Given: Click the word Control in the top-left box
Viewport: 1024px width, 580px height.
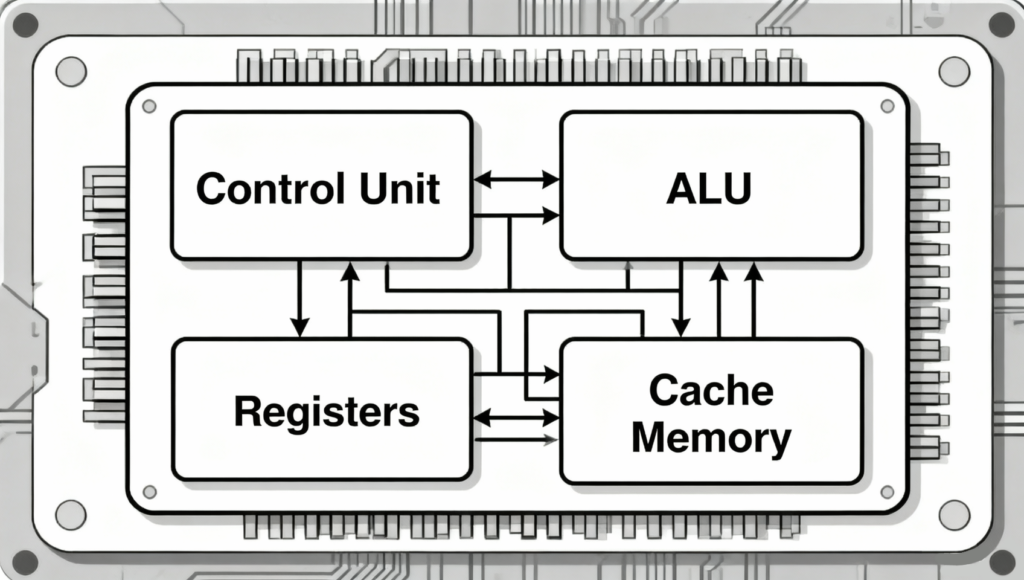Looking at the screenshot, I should [260, 188].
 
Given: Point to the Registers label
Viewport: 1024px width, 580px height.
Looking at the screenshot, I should [326, 411].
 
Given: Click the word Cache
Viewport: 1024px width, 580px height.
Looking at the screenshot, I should [711, 390].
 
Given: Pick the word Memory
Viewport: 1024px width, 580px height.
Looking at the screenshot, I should [711, 437].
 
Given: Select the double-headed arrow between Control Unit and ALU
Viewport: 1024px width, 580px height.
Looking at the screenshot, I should [516, 180].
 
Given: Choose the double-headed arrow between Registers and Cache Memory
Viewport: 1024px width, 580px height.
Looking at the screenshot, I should [516, 418].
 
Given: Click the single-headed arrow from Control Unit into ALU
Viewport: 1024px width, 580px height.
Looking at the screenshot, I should [516, 215].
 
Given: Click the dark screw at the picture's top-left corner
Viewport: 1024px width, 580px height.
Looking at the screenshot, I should [25, 24].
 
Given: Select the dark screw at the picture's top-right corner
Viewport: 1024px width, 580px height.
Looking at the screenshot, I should [1000, 24].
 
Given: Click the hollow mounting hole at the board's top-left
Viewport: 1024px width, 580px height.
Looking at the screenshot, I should [70, 70].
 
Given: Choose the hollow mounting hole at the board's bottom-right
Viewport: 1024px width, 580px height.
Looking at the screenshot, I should [953, 514].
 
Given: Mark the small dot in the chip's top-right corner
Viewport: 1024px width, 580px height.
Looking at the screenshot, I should [886, 106].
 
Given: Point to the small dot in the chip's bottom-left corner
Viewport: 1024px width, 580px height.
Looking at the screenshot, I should [149, 491].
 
